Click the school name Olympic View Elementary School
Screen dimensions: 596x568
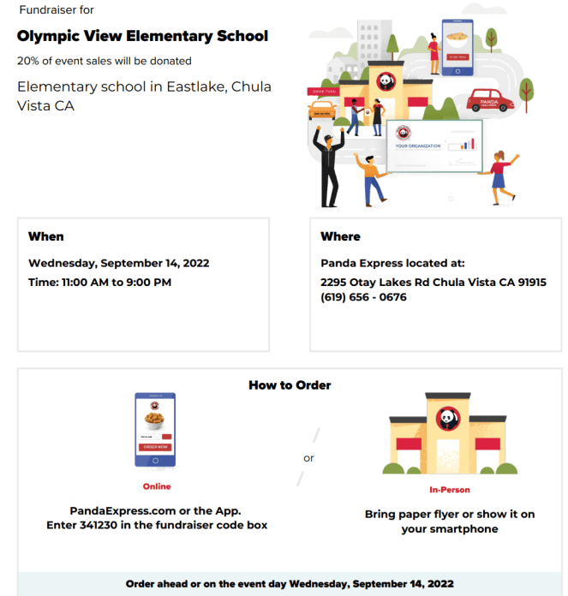tap(142, 36)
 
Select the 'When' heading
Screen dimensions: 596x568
tap(46, 236)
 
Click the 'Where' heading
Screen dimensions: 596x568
tap(340, 236)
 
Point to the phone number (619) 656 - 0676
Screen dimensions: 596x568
tap(363, 297)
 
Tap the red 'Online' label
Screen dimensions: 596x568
tap(156, 486)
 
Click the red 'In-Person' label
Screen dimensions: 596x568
tap(449, 491)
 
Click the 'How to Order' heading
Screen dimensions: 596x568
tap(290, 385)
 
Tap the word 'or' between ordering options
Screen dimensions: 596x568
tap(308, 458)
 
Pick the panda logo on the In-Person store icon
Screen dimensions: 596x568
tap(449, 419)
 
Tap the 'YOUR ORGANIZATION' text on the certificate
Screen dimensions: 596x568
tap(418, 146)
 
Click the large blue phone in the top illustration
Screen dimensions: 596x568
tap(457, 47)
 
